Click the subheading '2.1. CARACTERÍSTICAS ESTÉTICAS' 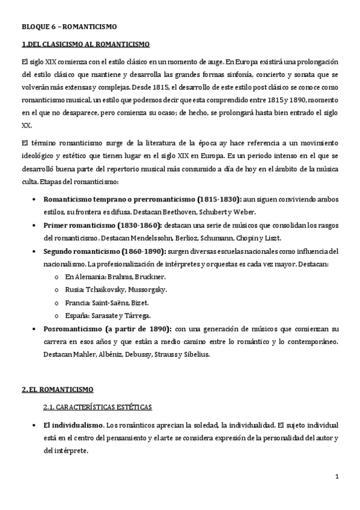(x=98, y=407)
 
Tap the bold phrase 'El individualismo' (x=73, y=425)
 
